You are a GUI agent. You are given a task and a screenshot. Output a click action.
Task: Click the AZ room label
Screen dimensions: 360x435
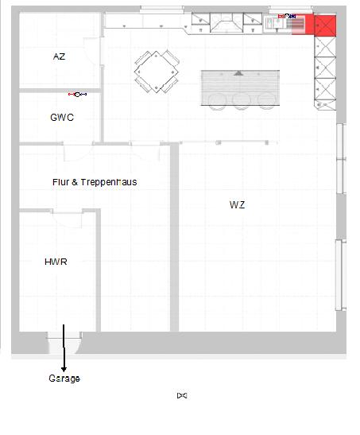59,56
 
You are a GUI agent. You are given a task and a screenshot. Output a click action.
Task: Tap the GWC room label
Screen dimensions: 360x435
62,118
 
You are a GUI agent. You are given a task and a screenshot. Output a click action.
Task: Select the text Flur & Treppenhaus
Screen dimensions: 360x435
95,182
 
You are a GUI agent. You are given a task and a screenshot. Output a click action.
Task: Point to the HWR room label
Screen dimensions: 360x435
56,262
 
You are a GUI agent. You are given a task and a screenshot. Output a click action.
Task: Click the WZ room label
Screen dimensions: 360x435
238,204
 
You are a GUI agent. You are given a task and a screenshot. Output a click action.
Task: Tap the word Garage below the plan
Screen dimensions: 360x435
64,379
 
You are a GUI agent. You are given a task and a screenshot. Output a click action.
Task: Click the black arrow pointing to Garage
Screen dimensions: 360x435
64,348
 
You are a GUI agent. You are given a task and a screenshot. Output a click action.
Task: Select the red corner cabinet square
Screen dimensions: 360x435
325,25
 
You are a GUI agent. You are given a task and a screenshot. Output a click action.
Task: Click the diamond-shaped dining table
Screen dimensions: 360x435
157,72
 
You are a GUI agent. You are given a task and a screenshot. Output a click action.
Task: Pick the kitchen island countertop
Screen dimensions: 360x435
240,87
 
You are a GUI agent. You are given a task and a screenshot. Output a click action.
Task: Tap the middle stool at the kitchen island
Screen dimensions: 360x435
242,101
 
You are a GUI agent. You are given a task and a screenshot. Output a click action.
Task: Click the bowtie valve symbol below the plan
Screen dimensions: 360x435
182,395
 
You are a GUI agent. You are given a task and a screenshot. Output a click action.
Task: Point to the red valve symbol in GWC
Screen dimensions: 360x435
77,95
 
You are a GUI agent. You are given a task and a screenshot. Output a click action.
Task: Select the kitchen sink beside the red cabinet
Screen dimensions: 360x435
272,23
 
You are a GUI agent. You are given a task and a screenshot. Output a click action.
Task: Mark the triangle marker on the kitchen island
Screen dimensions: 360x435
238,73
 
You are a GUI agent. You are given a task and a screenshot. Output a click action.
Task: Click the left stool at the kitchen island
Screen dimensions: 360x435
217,101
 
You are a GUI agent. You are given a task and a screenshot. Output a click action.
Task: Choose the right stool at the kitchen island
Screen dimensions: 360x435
267,101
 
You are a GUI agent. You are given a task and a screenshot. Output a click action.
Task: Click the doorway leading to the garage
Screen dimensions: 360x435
64,343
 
